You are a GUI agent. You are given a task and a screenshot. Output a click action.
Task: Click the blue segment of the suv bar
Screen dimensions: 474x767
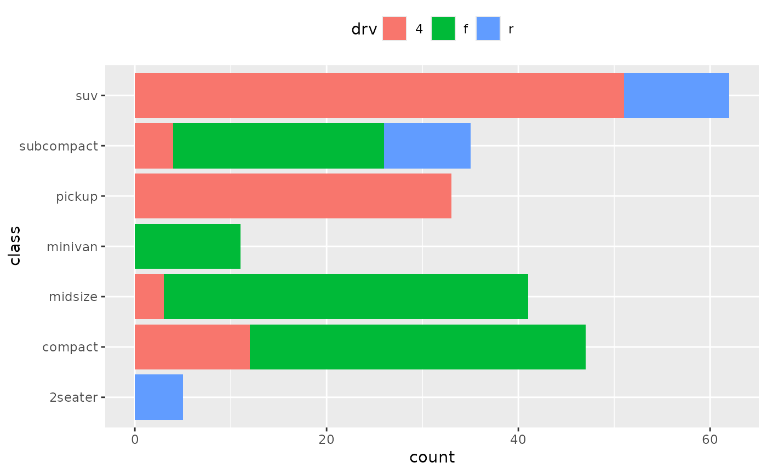[676, 95]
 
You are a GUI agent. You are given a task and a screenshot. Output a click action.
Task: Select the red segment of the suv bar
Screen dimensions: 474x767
[379, 95]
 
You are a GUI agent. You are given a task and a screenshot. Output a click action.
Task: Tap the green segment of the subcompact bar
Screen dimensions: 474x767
[278, 146]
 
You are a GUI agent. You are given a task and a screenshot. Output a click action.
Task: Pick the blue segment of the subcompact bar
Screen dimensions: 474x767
[427, 146]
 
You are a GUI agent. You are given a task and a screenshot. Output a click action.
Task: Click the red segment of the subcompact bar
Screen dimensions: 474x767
[153, 146]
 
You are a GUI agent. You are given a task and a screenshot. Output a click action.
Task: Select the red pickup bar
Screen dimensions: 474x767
[293, 196]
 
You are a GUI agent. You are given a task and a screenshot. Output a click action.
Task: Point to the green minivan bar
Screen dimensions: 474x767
[187, 246]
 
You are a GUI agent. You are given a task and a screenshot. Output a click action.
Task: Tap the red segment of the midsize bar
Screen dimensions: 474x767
[149, 297]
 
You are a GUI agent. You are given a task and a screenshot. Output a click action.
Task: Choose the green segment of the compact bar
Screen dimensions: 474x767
[417, 347]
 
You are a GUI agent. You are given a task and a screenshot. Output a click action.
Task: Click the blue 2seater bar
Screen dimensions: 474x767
[159, 397]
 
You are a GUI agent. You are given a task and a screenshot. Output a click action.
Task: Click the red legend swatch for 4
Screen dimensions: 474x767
[394, 28]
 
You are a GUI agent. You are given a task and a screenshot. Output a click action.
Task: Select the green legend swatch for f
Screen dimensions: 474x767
[443, 28]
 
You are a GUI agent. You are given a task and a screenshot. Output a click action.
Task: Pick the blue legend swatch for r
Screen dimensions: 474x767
[488, 28]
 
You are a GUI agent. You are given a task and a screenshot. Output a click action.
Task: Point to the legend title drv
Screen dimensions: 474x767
[364, 30]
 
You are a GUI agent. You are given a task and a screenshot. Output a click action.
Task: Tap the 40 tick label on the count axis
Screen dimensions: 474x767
[518, 440]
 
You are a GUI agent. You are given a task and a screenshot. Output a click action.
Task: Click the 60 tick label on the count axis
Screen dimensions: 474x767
[709, 440]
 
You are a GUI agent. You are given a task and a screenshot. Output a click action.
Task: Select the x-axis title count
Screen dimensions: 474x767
[432, 458]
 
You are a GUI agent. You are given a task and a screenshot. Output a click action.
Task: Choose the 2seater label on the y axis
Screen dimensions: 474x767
[73, 398]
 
